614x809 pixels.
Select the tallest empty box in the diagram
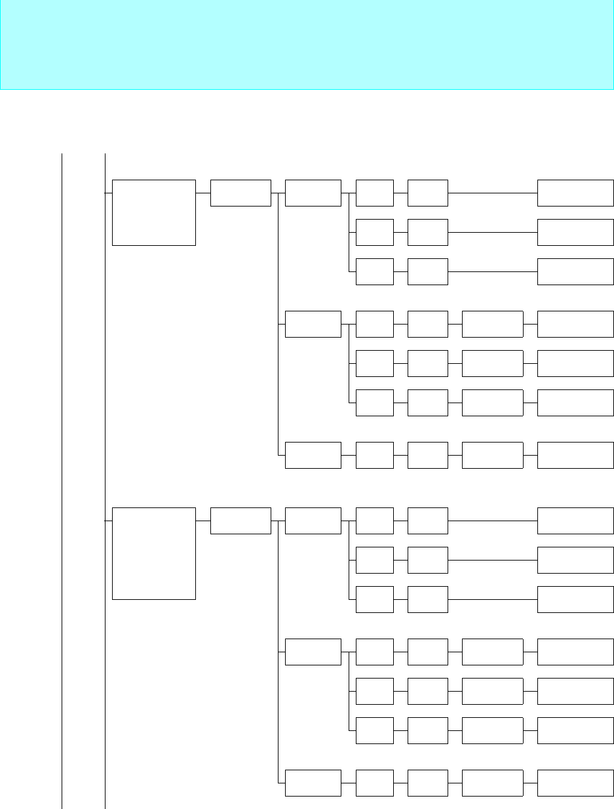pos(154,553)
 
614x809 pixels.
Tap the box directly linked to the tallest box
pos(240,521)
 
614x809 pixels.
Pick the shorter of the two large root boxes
pos(154,212)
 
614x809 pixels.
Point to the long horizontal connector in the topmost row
pos(493,193)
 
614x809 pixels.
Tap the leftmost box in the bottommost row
pos(313,783)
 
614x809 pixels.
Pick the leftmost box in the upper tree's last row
pos(313,455)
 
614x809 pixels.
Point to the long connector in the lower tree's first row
pos(493,521)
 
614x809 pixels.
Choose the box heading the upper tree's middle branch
pos(313,324)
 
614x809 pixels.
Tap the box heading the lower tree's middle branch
pos(313,652)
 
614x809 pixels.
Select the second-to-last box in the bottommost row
pos(493,783)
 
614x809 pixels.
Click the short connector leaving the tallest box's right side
pos(203,521)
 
